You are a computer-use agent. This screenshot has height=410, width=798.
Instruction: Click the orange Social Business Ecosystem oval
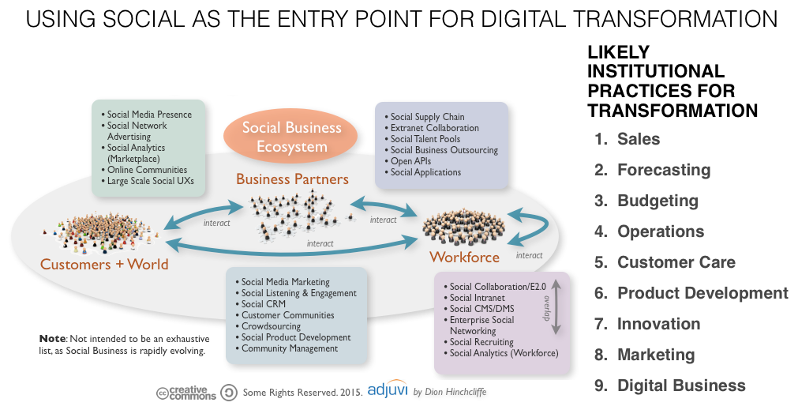(291, 137)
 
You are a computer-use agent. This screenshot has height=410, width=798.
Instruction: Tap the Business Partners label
(292, 179)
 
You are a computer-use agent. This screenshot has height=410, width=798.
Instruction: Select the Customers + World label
(104, 264)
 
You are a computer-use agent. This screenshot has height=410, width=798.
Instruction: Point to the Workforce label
(464, 257)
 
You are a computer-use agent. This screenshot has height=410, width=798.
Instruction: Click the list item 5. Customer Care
(665, 262)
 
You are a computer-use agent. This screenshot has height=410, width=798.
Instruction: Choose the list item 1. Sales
(628, 139)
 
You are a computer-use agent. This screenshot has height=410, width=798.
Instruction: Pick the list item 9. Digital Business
(670, 386)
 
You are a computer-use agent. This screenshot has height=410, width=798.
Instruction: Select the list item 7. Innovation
(648, 324)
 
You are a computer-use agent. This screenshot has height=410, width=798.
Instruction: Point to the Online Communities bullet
(147, 170)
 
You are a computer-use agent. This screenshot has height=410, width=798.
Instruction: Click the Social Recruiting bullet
(481, 342)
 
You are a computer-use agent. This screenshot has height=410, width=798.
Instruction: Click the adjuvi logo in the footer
(387, 391)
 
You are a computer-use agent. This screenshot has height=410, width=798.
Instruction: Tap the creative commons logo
(186, 393)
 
